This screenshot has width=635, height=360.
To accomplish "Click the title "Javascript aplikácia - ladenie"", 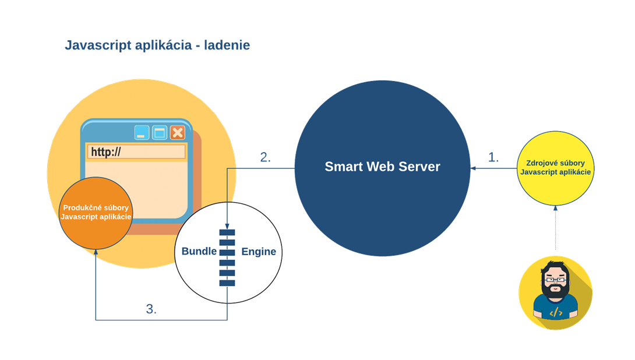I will click(x=157, y=45).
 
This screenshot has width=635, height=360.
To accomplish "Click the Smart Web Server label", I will click(x=382, y=167).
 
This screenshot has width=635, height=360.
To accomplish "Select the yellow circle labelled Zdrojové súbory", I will click(x=555, y=168).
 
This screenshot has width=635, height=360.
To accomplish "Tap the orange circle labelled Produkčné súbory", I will click(x=96, y=213).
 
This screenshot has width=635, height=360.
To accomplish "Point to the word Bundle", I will click(x=199, y=252).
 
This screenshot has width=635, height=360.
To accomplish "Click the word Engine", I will click(x=258, y=252).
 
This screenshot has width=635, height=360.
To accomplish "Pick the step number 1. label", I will click(x=493, y=157).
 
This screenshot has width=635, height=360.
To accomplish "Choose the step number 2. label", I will click(x=265, y=157).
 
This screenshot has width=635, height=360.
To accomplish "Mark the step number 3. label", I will click(x=151, y=309).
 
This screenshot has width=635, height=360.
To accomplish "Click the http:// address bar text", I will click(x=105, y=152).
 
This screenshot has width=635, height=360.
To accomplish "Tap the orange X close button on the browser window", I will click(x=177, y=133).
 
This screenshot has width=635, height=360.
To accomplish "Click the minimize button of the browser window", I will click(x=142, y=133).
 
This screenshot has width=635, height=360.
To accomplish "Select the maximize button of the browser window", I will click(x=160, y=133).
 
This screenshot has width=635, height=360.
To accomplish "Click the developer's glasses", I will click(x=555, y=280).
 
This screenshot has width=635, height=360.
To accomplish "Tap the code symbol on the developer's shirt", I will click(x=556, y=313).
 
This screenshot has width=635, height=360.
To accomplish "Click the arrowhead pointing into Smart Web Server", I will click(x=473, y=168).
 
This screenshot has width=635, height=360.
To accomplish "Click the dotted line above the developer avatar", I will click(x=555, y=230).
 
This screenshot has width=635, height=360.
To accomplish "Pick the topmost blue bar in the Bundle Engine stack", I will click(x=227, y=232).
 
